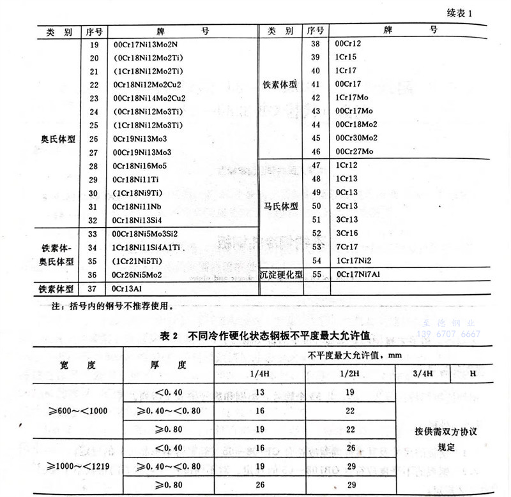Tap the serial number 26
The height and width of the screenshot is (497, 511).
click(95, 138)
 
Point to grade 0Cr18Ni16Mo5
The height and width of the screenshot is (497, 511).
click(142, 166)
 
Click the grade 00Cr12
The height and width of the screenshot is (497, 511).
click(349, 43)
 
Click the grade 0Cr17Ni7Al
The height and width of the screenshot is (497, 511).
click(358, 274)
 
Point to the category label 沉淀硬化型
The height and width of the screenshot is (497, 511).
click(280, 274)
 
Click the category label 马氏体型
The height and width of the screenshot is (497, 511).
click(280, 206)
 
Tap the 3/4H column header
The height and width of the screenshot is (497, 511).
click(423, 373)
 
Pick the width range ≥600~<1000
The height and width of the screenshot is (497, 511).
click(77, 410)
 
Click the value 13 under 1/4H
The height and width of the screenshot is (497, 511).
click(260, 390)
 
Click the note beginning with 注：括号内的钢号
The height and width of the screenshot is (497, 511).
click(111, 306)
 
